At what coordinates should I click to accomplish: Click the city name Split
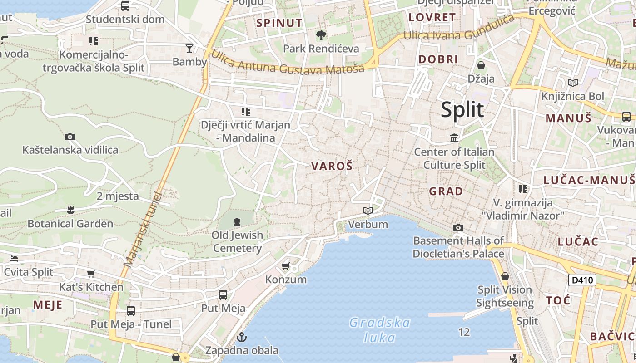pyautogui.click(x=462, y=110)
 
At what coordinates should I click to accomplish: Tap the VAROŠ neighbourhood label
pyautogui.click(x=332, y=166)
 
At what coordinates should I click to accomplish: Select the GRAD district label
pyautogui.click(x=446, y=191)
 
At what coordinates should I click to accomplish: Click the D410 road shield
pyautogui.click(x=582, y=280)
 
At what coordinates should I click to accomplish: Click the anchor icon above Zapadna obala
pyautogui.click(x=242, y=337)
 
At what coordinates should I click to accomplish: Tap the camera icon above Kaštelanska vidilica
pyautogui.click(x=70, y=137)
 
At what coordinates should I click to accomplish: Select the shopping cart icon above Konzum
pyautogui.click(x=286, y=266)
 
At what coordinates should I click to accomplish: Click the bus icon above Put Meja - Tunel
pyautogui.click(x=131, y=311)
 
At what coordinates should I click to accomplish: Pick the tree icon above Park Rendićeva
pyautogui.click(x=321, y=35)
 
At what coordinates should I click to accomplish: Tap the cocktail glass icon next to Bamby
pyautogui.click(x=189, y=48)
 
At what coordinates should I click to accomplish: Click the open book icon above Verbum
pyautogui.click(x=368, y=211)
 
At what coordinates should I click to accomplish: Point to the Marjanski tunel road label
pyautogui.click(x=143, y=229)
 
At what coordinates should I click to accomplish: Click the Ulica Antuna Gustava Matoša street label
pyautogui.click(x=288, y=62)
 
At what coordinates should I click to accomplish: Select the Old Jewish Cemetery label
pyautogui.click(x=237, y=241)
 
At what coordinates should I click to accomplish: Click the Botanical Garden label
pyautogui.click(x=70, y=224)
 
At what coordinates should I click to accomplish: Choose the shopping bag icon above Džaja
pyautogui.click(x=481, y=65)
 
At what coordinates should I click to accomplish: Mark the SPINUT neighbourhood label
pyautogui.click(x=279, y=23)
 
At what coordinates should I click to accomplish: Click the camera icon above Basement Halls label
pyautogui.click(x=458, y=227)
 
